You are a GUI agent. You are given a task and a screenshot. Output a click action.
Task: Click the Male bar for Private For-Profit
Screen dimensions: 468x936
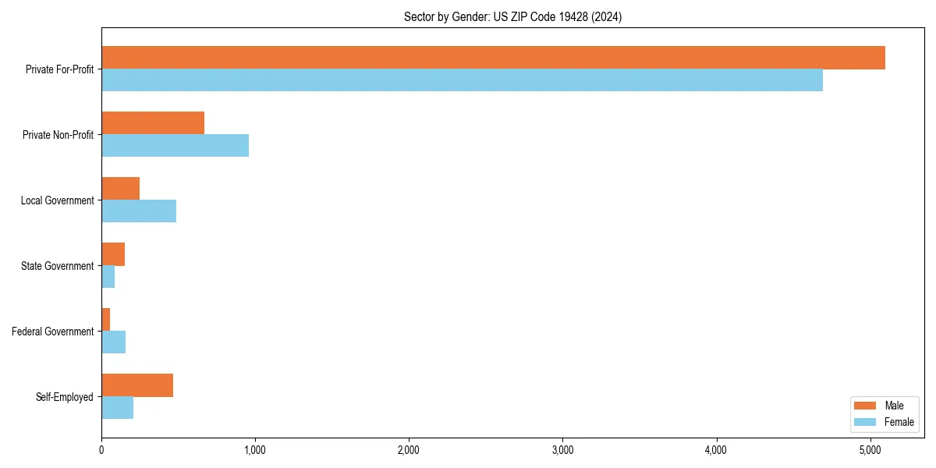[x=493, y=58]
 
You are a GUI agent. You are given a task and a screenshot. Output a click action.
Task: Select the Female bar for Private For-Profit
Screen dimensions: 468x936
[x=462, y=80]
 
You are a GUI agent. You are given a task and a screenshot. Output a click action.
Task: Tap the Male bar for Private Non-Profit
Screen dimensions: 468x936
[x=153, y=123]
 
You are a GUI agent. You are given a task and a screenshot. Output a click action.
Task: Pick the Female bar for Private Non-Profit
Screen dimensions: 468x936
[x=175, y=146]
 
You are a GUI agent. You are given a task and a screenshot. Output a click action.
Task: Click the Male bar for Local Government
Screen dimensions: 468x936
[x=120, y=189]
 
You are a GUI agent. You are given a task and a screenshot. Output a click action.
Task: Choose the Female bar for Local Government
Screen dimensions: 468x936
[x=139, y=211]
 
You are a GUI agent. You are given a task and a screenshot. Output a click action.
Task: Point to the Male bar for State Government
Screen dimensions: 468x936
[x=113, y=254]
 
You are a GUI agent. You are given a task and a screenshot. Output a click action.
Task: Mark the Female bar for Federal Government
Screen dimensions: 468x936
[x=113, y=342]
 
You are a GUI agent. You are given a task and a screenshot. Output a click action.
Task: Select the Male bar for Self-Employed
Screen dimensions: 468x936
[x=137, y=385]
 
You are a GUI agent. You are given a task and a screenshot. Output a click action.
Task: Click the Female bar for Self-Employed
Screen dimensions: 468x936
[x=117, y=408]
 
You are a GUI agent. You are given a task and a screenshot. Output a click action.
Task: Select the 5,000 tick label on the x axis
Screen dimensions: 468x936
[x=870, y=450]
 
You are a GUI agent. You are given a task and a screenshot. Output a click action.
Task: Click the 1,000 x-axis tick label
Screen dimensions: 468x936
[x=255, y=450]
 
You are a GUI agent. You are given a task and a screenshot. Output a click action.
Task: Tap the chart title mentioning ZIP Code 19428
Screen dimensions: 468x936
[x=512, y=16]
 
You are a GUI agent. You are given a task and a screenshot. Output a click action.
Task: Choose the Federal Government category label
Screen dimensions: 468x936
[x=53, y=331]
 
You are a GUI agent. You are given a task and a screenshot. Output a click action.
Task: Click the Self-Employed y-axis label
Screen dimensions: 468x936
[x=65, y=397]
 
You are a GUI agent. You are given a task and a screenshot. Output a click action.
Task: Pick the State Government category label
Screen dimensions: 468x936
[x=57, y=266]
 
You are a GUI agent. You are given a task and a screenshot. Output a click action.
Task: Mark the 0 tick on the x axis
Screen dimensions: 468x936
[x=101, y=450]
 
